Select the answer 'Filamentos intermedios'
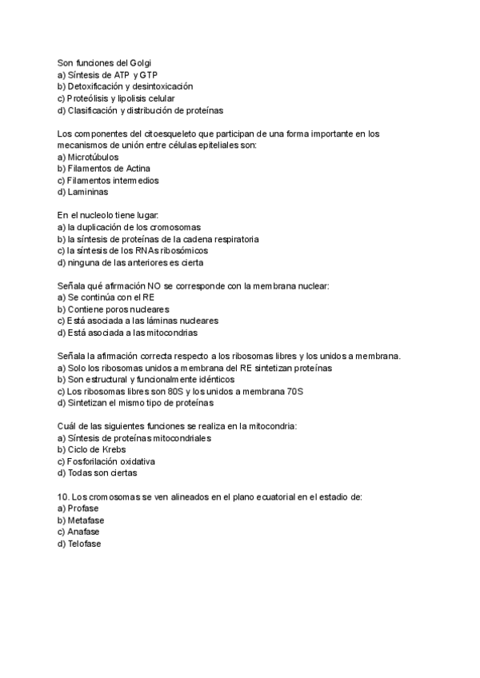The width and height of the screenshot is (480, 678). pos(108,181)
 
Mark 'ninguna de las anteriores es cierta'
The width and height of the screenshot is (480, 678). pos(131,262)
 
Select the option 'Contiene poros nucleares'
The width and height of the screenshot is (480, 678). pos(113,309)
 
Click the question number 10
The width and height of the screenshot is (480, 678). pos(63,497)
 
